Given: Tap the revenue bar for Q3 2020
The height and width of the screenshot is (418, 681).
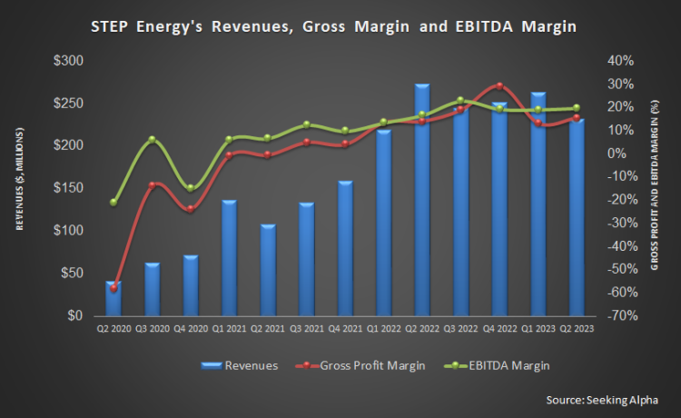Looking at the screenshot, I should pyautogui.click(x=153, y=290).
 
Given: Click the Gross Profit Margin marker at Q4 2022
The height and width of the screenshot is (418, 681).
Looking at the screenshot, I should pyautogui.click(x=499, y=86).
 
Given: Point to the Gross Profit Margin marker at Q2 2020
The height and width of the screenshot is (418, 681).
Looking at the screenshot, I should pyautogui.click(x=113, y=288).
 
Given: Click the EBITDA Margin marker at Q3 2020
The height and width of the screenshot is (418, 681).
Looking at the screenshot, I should pyautogui.click(x=153, y=140).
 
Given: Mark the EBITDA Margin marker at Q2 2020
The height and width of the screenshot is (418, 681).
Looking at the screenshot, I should pyautogui.click(x=113, y=202).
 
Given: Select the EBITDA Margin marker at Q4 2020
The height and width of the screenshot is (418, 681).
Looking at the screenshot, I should pyautogui.click(x=191, y=188).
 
